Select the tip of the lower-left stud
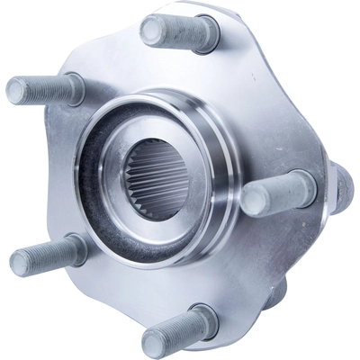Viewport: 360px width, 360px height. (21, 262)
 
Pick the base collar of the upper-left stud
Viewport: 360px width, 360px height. (74, 89)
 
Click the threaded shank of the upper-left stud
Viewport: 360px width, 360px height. (45, 89)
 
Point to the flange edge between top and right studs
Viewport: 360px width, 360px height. (270, 81)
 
